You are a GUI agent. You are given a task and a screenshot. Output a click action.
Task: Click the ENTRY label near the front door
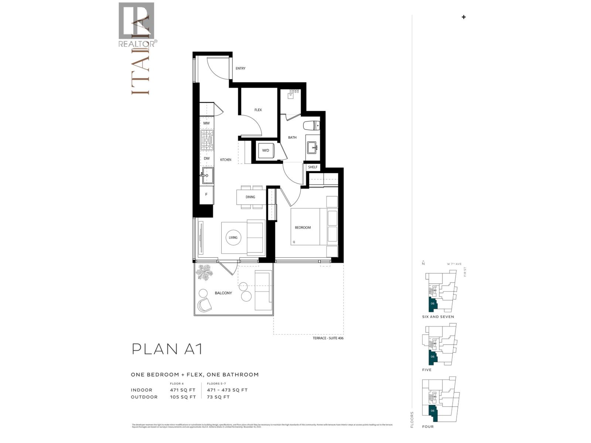[240, 68]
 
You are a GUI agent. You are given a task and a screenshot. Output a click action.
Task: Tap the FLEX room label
[258, 110]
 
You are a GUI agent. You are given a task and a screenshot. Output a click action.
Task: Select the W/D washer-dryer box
[266, 151]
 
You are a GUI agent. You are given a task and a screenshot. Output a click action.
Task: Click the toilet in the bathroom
[312, 126]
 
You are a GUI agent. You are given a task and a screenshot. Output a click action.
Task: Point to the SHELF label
[312, 167]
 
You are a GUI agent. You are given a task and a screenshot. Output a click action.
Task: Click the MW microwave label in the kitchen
[206, 123]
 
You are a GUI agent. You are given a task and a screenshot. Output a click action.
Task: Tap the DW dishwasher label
[206, 159]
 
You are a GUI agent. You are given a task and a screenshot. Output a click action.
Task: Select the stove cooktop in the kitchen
[207, 140]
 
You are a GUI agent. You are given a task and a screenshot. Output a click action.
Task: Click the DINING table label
[250, 197]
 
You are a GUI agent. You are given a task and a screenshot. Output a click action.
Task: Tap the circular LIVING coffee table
[233, 238]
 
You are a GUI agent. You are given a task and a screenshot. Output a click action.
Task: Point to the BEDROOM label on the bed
[303, 228]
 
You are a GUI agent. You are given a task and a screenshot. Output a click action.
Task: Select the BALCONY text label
[223, 293]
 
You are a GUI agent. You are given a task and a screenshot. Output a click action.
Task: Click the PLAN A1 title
[167, 349]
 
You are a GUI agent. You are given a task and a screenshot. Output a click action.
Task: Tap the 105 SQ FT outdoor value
[182, 397]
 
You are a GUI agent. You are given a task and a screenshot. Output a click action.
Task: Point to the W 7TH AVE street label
[454, 264]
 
